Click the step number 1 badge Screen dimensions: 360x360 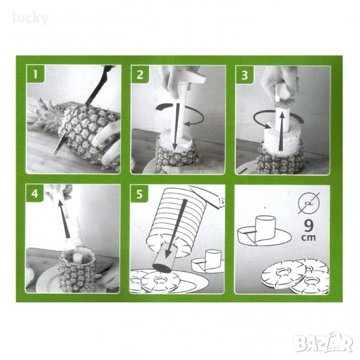(35, 74)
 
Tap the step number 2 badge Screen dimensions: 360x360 (140, 74)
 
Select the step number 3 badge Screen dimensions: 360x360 (245, 74)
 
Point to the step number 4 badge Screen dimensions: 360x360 (35, 193)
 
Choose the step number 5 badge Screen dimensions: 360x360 (139, 194)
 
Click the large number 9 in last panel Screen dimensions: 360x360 (308, 226)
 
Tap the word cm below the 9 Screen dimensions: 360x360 (308, 238)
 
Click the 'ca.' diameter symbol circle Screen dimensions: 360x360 (309, 203)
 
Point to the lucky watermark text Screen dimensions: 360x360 (31, 18)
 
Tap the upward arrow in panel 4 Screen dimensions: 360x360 (64, 218)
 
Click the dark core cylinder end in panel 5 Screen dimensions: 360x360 (163, 268)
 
